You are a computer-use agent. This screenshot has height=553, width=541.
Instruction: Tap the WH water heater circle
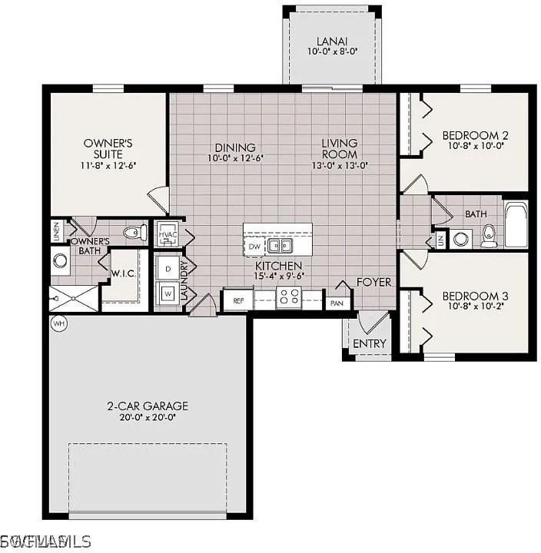click(58, 324)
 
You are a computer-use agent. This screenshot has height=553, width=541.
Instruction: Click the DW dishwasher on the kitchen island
click(254, 246)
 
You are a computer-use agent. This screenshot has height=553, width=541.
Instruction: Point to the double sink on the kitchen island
click(280, 246)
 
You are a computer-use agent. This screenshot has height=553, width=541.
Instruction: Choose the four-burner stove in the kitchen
click(288, 298)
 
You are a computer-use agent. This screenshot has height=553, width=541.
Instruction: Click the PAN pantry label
click(336, 303)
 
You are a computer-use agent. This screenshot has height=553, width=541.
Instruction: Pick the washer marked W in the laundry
click(168, 293)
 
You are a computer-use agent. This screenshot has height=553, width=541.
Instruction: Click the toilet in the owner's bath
click(134, 231)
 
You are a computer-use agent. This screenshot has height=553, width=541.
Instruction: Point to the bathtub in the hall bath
click(516, 224)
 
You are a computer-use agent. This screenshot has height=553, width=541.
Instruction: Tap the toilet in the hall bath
click(489, 237)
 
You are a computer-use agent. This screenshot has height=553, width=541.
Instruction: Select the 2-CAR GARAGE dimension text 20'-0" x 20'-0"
click(148, 418)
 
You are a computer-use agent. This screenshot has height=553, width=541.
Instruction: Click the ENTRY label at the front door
click(369, 343)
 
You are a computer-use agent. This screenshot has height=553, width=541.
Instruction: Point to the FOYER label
click(373, 283)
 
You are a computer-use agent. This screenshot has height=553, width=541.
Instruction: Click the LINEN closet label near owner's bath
click(57, 230)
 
